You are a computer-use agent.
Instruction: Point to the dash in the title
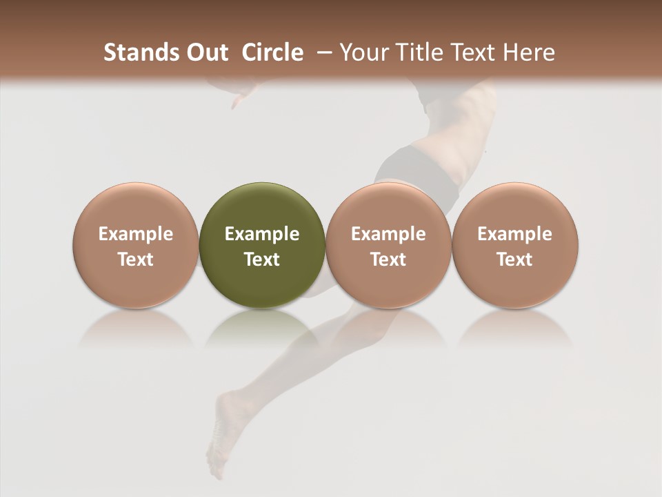point(321,52)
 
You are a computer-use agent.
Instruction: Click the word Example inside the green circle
point(262,234)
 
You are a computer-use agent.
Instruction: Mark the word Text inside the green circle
point(262,260)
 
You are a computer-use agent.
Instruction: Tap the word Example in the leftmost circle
point(136,234)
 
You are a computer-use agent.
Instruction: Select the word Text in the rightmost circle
point(514,260)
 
